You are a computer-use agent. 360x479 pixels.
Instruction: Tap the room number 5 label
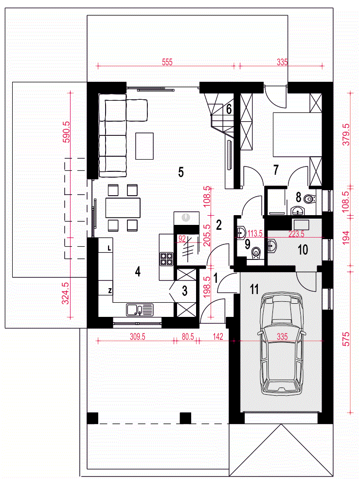(181, 172)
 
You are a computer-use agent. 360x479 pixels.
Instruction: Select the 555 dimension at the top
(167, 62)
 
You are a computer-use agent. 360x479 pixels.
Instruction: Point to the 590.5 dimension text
(66, 132)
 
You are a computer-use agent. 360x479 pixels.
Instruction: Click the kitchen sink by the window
(140, 310)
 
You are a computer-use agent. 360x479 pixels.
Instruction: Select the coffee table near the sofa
(144, 146)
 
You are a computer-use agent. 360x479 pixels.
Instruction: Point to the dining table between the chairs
(123, 208)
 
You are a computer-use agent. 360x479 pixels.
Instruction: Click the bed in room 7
(297, 135)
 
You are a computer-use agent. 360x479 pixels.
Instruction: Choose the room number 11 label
(254, 289)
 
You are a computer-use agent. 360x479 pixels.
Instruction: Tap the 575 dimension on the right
(346, 339)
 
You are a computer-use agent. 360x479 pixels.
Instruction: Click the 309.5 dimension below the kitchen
(137, 337)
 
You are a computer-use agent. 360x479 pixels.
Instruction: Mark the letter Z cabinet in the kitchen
(106, 291)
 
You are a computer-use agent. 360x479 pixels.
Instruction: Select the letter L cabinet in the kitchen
(106, 248)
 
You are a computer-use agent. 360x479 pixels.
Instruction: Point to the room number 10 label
(303, 250)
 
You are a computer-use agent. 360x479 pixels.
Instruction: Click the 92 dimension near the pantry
(182, 239)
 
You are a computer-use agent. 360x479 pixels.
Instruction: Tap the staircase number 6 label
(229, 109)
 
